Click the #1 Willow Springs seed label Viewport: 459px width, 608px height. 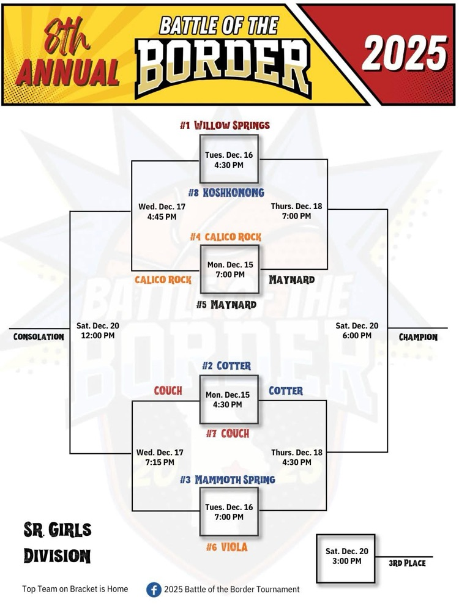225,125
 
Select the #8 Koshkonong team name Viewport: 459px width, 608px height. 226,193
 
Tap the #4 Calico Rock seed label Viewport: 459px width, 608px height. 225,237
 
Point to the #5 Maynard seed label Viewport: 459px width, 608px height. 226,304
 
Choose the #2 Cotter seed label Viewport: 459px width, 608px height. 226,366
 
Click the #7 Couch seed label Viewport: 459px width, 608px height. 227,434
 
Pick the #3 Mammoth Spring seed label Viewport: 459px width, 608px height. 227,480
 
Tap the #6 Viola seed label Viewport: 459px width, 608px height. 226,547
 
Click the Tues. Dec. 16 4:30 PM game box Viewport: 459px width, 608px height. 229,160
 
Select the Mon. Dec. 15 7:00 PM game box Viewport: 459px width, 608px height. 229,270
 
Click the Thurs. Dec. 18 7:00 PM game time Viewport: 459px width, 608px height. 297,211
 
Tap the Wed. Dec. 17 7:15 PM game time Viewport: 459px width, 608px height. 160,457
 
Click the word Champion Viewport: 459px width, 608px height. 418,337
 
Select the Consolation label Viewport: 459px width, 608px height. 39,336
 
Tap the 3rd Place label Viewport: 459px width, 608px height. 407,563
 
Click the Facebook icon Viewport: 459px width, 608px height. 154,590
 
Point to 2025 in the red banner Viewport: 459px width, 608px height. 404,52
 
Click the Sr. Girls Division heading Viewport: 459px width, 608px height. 57,542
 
